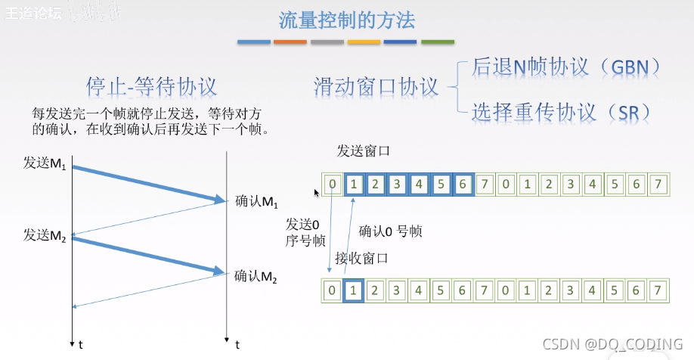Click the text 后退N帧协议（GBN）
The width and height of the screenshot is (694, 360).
(566, 67)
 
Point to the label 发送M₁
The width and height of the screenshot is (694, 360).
(45, 163)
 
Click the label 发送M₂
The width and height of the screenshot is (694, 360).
(45, 234)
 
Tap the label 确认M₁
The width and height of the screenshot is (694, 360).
(257, 201)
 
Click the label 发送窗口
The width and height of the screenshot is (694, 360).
(364, 151)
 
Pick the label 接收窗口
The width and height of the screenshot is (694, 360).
(361, 259)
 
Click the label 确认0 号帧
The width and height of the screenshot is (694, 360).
(390, 231)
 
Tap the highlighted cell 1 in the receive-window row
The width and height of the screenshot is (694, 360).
(352, 290)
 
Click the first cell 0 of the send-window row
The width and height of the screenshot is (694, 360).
(332, 184)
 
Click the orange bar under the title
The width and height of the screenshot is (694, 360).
(290, 42)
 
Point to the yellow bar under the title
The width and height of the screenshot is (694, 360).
(364, 42)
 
